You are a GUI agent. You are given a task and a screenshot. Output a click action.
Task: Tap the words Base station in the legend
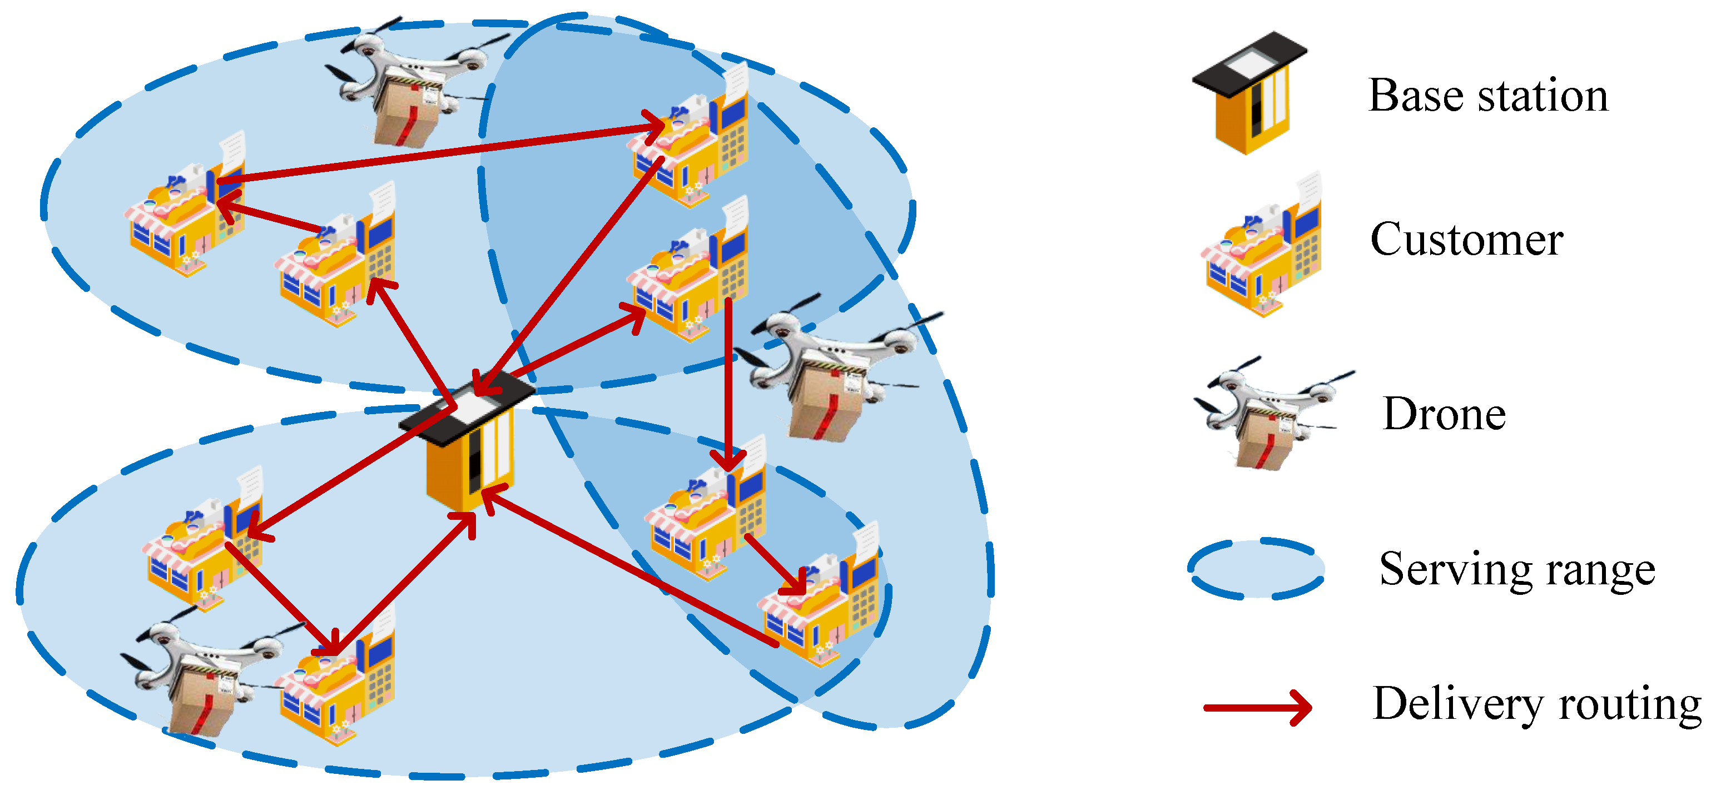[1488, 96]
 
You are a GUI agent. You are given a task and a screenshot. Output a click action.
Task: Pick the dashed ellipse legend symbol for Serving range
[1256, 569]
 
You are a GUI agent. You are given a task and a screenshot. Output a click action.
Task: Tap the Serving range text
[1516, 570]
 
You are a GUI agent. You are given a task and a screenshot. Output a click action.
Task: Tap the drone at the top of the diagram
[412, 79]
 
